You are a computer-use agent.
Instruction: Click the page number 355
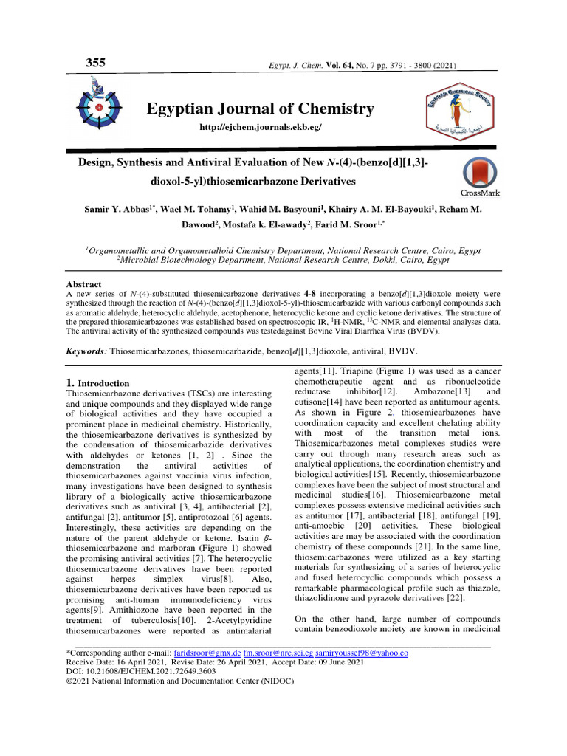tap(95, 63)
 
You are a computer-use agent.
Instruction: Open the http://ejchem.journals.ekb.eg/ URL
tap(250, 128)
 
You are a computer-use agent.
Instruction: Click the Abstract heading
tap(83, 283)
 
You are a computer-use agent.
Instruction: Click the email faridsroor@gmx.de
tap(199, 653)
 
